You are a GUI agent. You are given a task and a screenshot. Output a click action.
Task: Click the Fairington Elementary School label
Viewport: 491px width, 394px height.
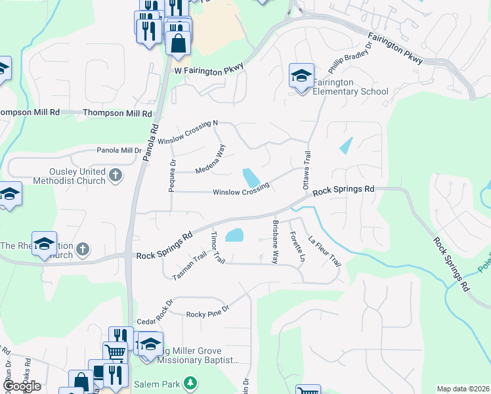pyautogui.click(x=350, y=87)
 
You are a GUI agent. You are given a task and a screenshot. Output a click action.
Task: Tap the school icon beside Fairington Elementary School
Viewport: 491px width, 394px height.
pyautogui.click(x=301, y=76)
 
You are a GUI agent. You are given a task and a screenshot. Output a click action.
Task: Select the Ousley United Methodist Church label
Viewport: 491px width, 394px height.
pyautogui.click(x=64, y=176)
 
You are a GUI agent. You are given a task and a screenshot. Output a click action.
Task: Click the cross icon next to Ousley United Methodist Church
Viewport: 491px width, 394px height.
pyautogui.click(x=116, y=175)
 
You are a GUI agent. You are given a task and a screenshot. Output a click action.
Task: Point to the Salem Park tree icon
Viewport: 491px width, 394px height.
pyautogui.click(x=190, y=382)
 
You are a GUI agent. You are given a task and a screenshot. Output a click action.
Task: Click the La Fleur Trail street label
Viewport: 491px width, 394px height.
pyautogui.click(x=325, y=251)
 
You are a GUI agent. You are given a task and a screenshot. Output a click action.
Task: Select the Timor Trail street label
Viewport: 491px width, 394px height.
pyautogui.click(x=217, y=248)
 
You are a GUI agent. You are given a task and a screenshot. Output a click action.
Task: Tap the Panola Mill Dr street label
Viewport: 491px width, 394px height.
pyautogui.click(x=119, y=150)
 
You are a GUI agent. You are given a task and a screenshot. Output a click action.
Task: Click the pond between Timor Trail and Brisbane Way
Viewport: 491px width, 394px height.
pyautogui.click(x=234, y=235)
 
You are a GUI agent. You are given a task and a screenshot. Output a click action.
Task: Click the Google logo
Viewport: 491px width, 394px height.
pyautogui.click(x=21, y=386)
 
